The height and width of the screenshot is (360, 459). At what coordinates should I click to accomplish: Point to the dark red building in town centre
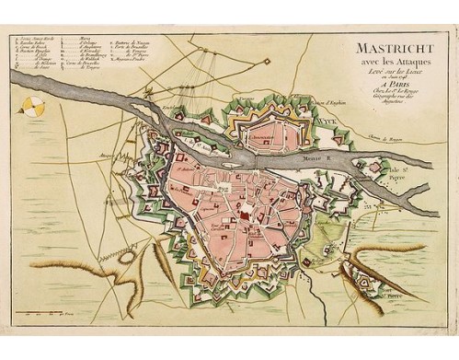[x=247, y=211]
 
